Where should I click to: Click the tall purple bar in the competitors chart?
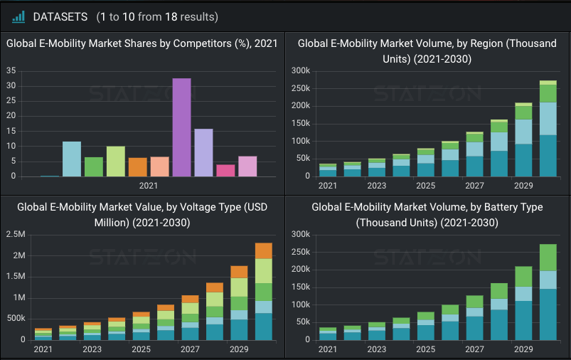[181, 127]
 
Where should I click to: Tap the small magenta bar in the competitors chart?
[225, 171]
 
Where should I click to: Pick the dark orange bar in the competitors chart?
[137, 167]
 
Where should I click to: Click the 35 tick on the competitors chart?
[11, 70]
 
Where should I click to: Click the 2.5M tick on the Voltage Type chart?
[16, 234]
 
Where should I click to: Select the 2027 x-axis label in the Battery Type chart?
[474, 349]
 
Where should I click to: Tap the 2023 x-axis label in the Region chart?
[376, 186]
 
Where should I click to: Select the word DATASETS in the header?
[60, 16]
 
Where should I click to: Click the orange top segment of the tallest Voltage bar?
[264, 250]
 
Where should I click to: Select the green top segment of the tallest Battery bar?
[548, 257]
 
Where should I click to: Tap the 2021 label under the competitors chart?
[149, 186]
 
